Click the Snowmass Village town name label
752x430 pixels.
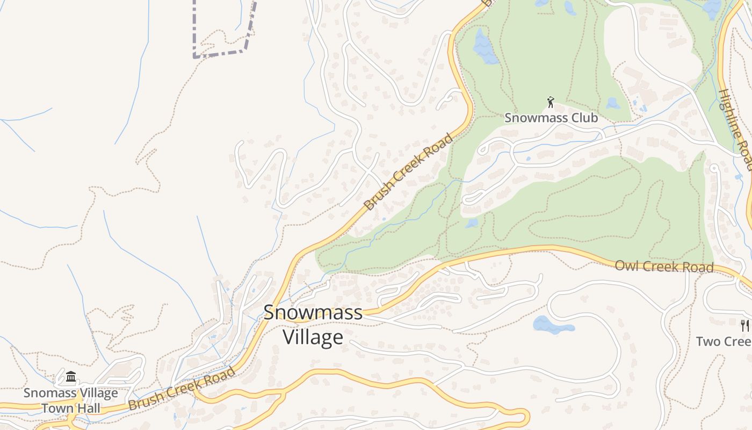tap(313, 325)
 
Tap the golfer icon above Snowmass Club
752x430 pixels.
tap(551, 102)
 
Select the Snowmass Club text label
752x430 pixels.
tap(551, 118)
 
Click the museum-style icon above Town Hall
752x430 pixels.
tap(71, 377)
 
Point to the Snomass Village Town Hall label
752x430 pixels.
tap(70, 400)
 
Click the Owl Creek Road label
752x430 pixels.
tap(664, 267)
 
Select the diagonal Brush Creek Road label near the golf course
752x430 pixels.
tap(408, 173)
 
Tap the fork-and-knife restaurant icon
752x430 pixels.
tap(744, 325)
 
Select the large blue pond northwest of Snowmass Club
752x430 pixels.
tap(485, 47)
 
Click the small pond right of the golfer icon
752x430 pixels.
tap(613, 103)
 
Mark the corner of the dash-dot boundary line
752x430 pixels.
tap(194, 55)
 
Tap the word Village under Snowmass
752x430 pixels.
tap(313, 337)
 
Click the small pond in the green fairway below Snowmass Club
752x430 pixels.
tap(472, 223)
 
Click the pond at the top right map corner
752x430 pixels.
tap(713, 8)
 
